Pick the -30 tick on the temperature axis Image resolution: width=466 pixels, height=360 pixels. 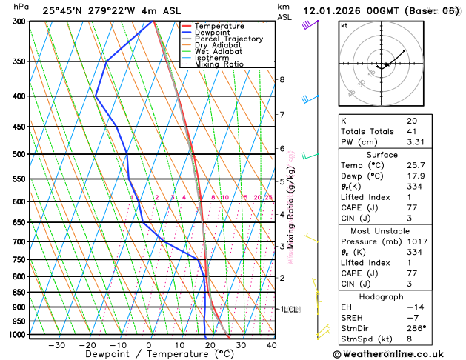pos(56,345)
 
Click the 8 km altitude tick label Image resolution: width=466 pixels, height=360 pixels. pos(282,80)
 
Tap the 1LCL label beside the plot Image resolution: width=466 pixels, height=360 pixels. pos(288,309)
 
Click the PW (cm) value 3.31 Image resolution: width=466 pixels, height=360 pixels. pos(415,142)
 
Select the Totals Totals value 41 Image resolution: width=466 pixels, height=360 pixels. pos(411,131)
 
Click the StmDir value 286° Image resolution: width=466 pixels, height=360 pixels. pos(416,327)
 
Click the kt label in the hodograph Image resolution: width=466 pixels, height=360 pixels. pos(344,25)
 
